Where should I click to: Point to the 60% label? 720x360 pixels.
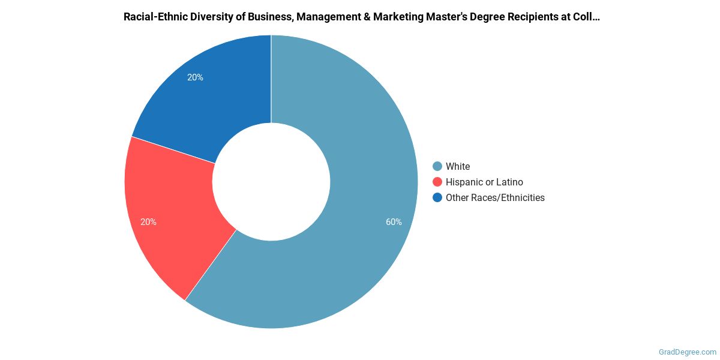[394, 222]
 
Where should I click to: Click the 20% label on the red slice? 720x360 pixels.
[148, 222]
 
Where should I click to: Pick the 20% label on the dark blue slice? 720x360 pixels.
[195, 77]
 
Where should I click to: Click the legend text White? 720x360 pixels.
[458, 166]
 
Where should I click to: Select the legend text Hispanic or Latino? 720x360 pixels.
[484, 182]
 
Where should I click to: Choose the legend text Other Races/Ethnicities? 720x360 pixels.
[495, 197]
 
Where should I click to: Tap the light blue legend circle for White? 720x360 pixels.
[437, 166]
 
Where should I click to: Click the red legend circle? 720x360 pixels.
[437, 182]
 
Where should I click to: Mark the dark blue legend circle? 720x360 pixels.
[437, 197]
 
